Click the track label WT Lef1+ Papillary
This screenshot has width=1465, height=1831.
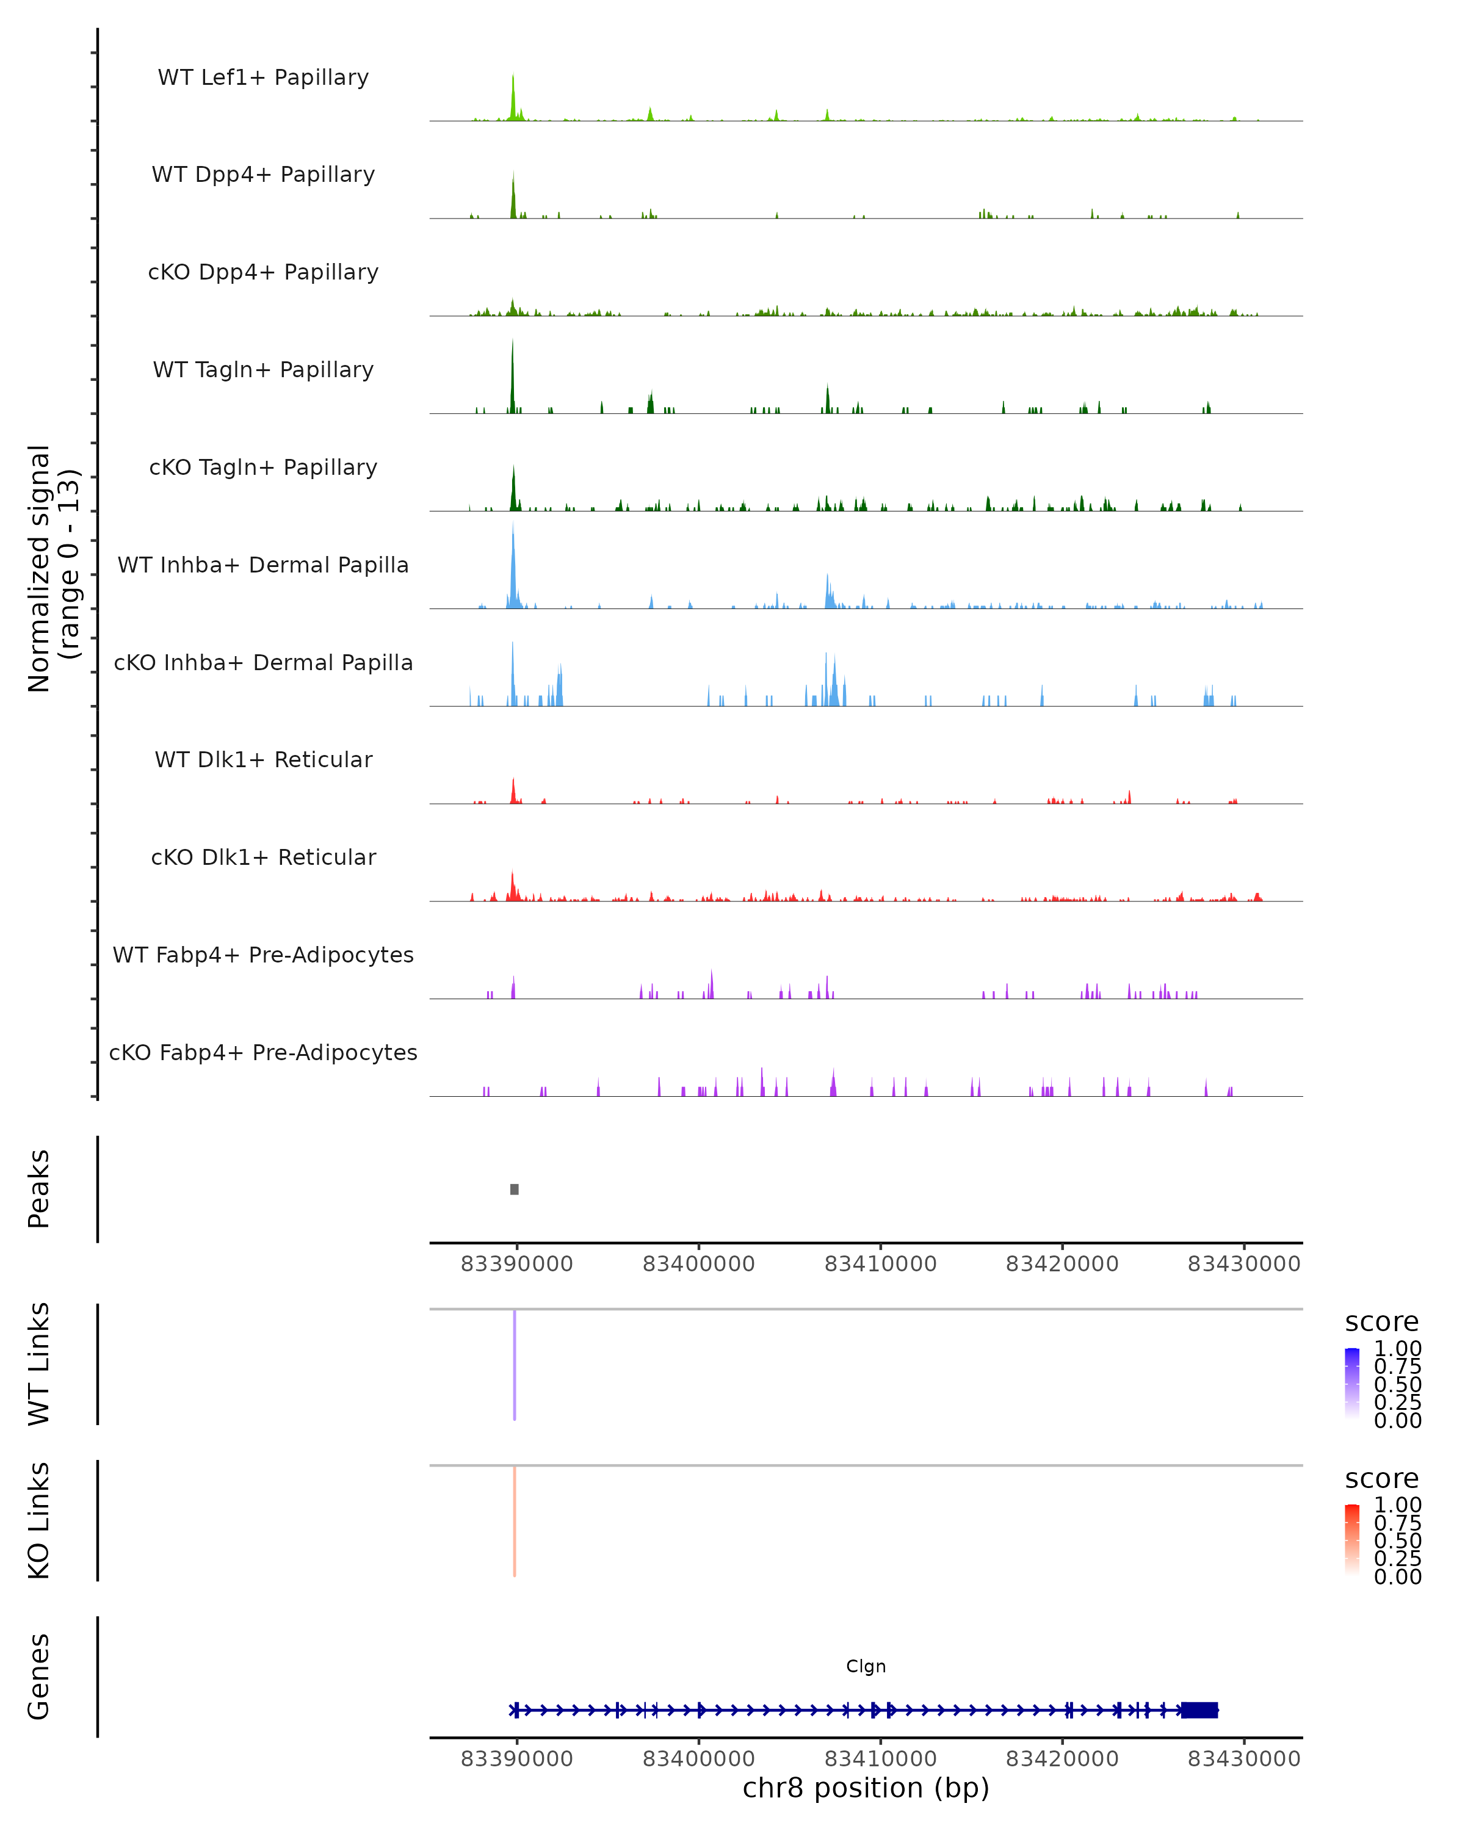pos(263,78)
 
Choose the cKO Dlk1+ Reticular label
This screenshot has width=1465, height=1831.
pos(263,857)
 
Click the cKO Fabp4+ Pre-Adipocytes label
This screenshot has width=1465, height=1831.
pos(263,1052)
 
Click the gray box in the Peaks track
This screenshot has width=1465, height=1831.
pos(515,1189)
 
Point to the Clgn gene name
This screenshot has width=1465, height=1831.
pos(866,1666)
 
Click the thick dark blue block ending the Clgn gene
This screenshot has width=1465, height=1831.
pos(1199,1710)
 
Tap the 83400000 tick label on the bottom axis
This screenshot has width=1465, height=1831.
pos(699,1759)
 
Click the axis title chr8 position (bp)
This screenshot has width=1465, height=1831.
pos(866,1788)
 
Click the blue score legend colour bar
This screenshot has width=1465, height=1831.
pos(1352,1382)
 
